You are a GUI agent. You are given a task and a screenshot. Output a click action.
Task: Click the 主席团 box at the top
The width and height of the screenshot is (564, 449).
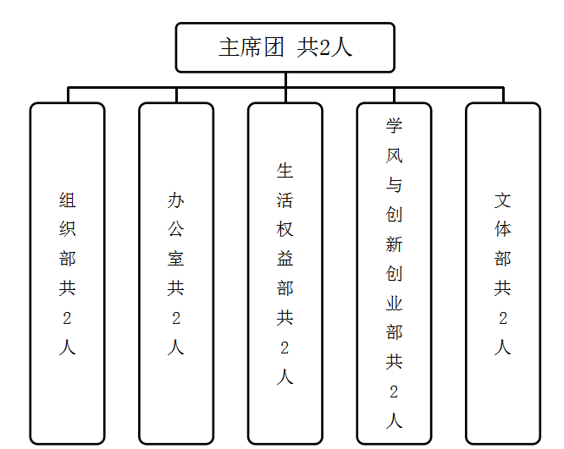click(x=285, y=47)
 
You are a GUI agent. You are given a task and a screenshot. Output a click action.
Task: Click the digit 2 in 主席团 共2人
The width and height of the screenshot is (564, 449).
click(x=324, y=47)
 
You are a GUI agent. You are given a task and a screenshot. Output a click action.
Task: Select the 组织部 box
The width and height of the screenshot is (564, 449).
click(x=67, y=273)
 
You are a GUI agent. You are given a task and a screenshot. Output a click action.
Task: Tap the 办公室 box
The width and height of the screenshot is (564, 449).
click(x=176, y=273)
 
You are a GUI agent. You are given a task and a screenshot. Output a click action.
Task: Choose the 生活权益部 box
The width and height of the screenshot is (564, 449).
click(x=285, y=273)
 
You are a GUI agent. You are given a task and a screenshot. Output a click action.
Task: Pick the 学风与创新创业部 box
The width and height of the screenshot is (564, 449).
click(x=394, y=273)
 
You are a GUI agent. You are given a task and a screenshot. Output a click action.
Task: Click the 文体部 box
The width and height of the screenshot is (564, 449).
click(x=503, y=273)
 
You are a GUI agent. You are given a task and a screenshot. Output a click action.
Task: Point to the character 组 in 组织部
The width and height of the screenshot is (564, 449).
click(x=67, y=200)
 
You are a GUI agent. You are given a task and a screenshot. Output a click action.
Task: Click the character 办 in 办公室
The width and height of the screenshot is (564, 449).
click(x=176, y=200)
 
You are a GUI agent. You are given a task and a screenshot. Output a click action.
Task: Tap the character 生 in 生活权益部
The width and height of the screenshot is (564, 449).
click(x=285, y=171)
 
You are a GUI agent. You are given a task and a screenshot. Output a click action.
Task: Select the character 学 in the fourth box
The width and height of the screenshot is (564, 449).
click(x=394, y=126)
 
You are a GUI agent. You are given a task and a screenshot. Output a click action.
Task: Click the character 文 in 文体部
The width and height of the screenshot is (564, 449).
click(x=503, y=200)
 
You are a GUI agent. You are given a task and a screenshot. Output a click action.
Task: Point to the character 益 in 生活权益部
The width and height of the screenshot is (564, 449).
click(x=285, y=259)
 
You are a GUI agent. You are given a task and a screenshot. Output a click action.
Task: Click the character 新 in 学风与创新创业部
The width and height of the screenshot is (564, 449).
click(x=394, y=244)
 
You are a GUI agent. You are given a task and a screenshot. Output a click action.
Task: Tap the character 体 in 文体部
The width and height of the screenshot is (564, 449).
click(x=503, y=229)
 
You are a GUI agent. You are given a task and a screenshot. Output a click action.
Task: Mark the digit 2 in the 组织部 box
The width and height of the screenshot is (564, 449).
click(x=67, y=318)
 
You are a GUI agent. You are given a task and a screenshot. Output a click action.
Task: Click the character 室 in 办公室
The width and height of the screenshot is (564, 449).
click(x=176, y=259)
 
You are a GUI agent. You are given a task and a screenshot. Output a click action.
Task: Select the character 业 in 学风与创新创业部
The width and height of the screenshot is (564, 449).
click(x=394, y=304)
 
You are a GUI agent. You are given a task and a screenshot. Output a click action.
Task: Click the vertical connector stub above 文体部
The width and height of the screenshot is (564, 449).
click(x=503, y=96)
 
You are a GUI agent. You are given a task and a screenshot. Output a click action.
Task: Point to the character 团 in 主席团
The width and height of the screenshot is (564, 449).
click(x=274, y=47)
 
